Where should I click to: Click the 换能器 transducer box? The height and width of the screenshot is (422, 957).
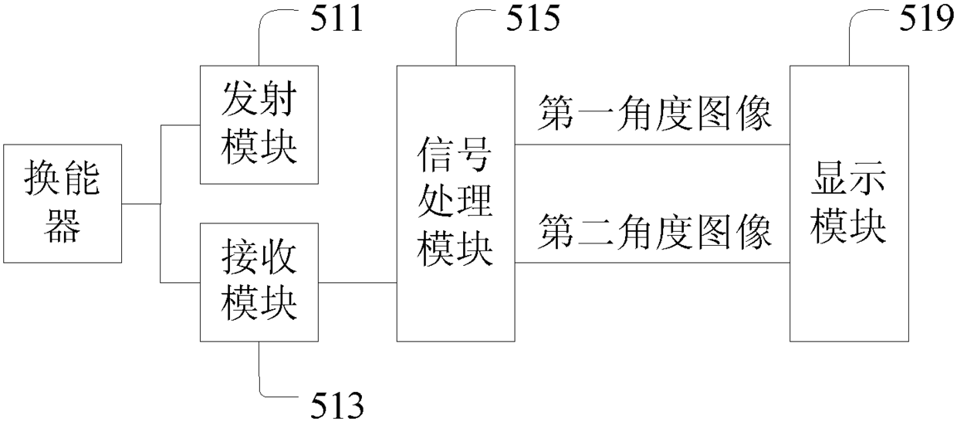[x=63, y=204]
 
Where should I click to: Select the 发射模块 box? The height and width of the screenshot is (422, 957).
[x=258, y=124]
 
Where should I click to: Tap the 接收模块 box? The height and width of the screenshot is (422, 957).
[x=258, y=282]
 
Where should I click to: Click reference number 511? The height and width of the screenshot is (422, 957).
[x=336, y=19]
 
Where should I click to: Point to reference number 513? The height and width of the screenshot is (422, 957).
[x=336, y=403]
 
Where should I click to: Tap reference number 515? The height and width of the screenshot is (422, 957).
[x=533, y=19]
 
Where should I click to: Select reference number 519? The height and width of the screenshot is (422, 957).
[x=926, y=19]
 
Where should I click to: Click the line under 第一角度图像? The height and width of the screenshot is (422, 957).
[x=652, y=145]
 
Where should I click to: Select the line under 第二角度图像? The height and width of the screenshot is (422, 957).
[x=652, y=264]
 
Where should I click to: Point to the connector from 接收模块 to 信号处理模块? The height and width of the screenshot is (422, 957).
[x=357, y=283]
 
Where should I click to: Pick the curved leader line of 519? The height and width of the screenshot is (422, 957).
[x=857, y=31]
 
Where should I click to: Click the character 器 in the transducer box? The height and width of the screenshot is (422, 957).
[x=63, y=228]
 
